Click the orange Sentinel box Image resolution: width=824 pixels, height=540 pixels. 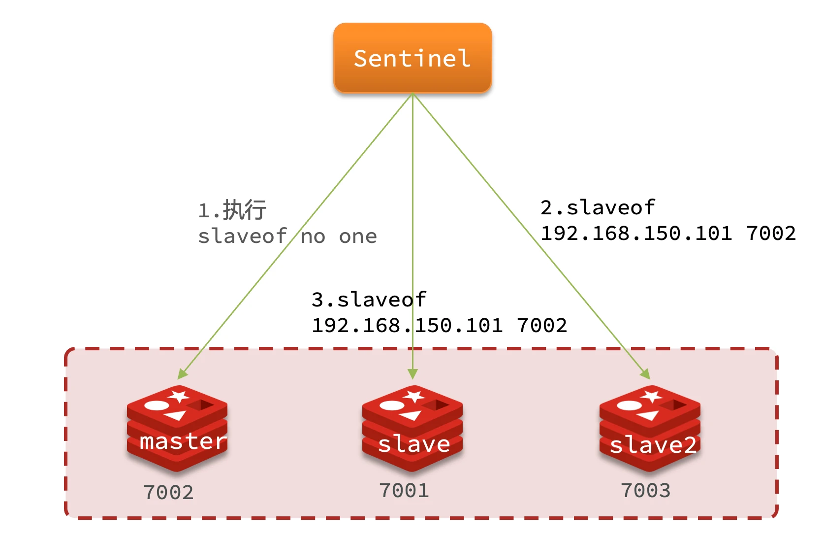[412, 58]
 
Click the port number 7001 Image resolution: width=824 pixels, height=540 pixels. [404, 490]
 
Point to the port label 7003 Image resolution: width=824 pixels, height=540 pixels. [645, 490]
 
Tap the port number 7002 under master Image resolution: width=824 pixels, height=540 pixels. [168, 492]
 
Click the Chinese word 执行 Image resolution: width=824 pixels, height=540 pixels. [245, 210]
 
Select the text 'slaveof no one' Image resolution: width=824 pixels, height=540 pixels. [287, 236]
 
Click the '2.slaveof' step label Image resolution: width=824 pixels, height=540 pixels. [598, 207]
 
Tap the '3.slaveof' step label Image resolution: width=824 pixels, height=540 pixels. [369, 300]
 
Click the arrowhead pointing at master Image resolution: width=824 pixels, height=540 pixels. [182, 374]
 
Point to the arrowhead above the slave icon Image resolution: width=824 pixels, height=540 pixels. [413, 374]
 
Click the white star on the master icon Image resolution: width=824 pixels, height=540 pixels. [179, 396]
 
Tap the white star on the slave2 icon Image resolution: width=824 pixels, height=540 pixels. [652, 396]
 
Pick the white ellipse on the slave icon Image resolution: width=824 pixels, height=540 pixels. [392, 405]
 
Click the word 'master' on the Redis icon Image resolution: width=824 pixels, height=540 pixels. [183, 441]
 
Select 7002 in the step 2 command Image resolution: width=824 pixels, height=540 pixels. [771, 233]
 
